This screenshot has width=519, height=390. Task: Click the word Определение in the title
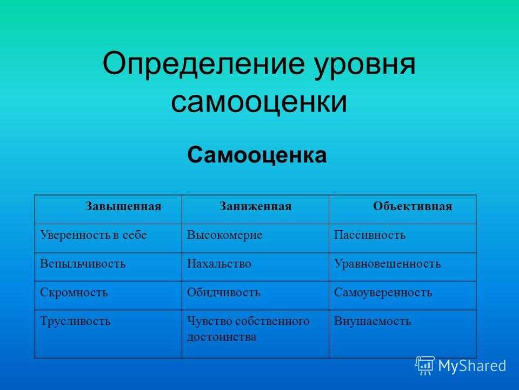[203, 64]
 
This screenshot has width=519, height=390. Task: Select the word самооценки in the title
[259, 101]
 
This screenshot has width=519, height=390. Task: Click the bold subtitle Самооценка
[257, 154]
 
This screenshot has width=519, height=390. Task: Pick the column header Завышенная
[123, 206]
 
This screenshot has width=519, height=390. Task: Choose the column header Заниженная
[256, 206]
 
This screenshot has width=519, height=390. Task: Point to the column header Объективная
[412, 206]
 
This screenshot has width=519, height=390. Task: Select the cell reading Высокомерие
[224, 235]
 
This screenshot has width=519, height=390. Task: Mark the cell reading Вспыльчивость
[83, 264]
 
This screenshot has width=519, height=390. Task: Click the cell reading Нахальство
[219, 264]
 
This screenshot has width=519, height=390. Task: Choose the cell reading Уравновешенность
[387, 264]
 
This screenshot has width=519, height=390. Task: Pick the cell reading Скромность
[74, 292]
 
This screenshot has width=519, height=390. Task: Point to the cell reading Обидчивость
[223, 292]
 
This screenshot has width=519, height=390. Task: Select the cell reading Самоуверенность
[383, 292]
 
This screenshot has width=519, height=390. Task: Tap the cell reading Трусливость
[75, 321]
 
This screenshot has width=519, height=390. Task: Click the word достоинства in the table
[222, 337]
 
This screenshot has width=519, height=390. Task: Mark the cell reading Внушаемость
[372, 321]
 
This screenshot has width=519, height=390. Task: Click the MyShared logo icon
[425, 366]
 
